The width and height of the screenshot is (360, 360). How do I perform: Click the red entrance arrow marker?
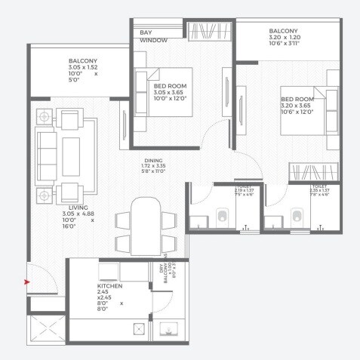click(28, 282)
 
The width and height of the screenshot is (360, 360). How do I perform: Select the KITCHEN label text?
click(109, 288)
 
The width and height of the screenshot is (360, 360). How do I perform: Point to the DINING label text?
click(154, 161)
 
